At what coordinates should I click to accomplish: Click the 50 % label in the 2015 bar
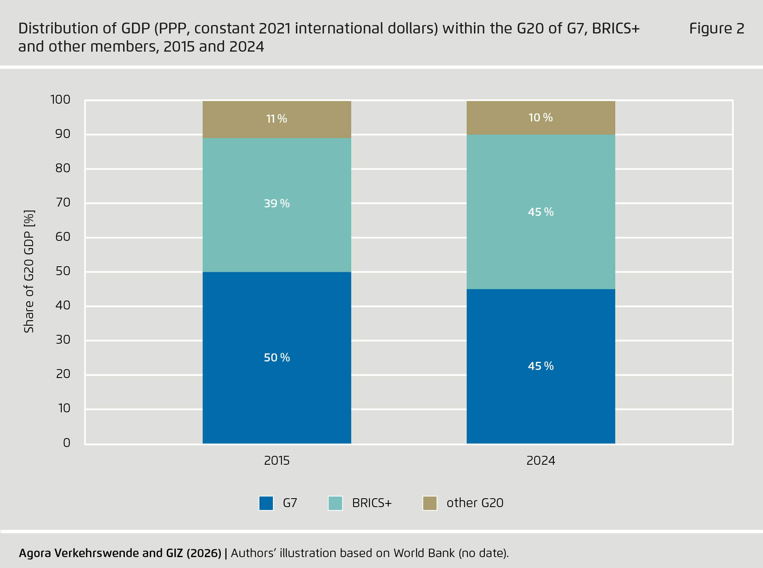277,357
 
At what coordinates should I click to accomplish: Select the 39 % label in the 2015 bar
277,203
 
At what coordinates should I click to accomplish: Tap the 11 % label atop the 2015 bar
277,119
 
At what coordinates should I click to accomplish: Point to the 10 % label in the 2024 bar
541,117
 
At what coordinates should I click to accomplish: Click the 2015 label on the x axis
277,460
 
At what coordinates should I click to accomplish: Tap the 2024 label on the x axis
541,460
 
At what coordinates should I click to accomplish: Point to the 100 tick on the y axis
60,99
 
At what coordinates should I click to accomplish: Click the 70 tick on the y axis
63,202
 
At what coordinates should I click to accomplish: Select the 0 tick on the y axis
67,443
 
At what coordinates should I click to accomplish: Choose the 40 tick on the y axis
63,305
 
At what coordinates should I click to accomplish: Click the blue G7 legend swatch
266,503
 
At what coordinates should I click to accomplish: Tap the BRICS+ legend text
371,503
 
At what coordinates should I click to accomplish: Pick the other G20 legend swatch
430,503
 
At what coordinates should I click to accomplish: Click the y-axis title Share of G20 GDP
29,271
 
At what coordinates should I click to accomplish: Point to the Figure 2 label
716,29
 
